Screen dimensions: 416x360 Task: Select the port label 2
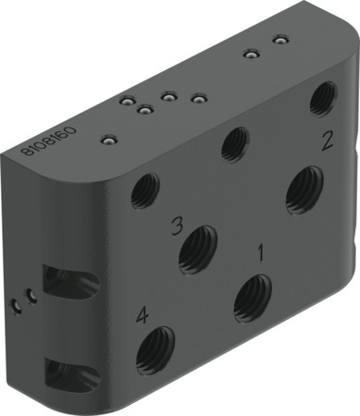(326, 141)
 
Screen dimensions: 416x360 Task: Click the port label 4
(142, 315)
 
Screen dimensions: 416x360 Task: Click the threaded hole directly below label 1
(252, 298)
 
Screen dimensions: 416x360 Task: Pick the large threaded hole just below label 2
(304, 190)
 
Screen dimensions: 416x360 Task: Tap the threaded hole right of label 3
(197, 248)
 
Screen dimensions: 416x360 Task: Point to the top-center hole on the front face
(237, 143)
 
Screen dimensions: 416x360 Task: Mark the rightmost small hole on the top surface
(279, 40)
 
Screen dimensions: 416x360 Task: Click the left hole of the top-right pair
(248, 54)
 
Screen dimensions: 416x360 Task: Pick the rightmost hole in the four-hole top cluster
(196, 97)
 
